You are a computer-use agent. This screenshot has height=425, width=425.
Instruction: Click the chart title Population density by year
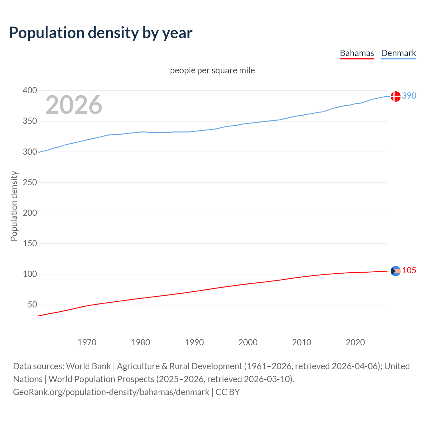click(101, 33)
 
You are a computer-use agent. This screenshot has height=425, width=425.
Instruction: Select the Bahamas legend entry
click(357, 53)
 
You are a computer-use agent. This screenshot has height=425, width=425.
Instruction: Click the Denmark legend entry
click(398, 53)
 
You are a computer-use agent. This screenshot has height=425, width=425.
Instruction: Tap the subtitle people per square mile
click(212, 70)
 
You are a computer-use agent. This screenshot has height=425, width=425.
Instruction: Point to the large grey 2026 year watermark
click(74, 105)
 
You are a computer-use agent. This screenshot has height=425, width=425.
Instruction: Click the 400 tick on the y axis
click(30, 90)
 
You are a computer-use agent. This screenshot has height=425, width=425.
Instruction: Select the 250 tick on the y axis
click(30, 182)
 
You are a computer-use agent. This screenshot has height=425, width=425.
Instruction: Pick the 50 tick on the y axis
click(32, 304)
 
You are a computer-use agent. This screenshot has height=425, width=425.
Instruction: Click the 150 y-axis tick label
click(30, 243)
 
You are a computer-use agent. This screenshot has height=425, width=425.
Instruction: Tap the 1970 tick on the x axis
click(87, 342)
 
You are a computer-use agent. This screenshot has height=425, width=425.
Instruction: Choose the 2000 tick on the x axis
click(248, 342)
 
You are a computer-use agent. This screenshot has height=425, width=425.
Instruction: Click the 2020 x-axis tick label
click(355, 342)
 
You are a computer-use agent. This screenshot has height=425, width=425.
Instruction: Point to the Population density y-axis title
click(14, 206)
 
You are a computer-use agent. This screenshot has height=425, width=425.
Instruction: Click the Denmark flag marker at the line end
click(395, 96)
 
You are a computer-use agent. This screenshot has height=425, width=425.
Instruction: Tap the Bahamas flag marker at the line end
click(395, 271)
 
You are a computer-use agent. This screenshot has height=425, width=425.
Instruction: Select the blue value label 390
click(409, 96)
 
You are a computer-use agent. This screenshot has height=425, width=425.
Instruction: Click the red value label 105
click(409, 270)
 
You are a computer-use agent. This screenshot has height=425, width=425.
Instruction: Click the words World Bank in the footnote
click(88, 366)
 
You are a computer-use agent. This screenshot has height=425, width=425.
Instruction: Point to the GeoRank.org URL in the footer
click(111, 392)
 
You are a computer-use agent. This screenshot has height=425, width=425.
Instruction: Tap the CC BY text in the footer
click(227, 392)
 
